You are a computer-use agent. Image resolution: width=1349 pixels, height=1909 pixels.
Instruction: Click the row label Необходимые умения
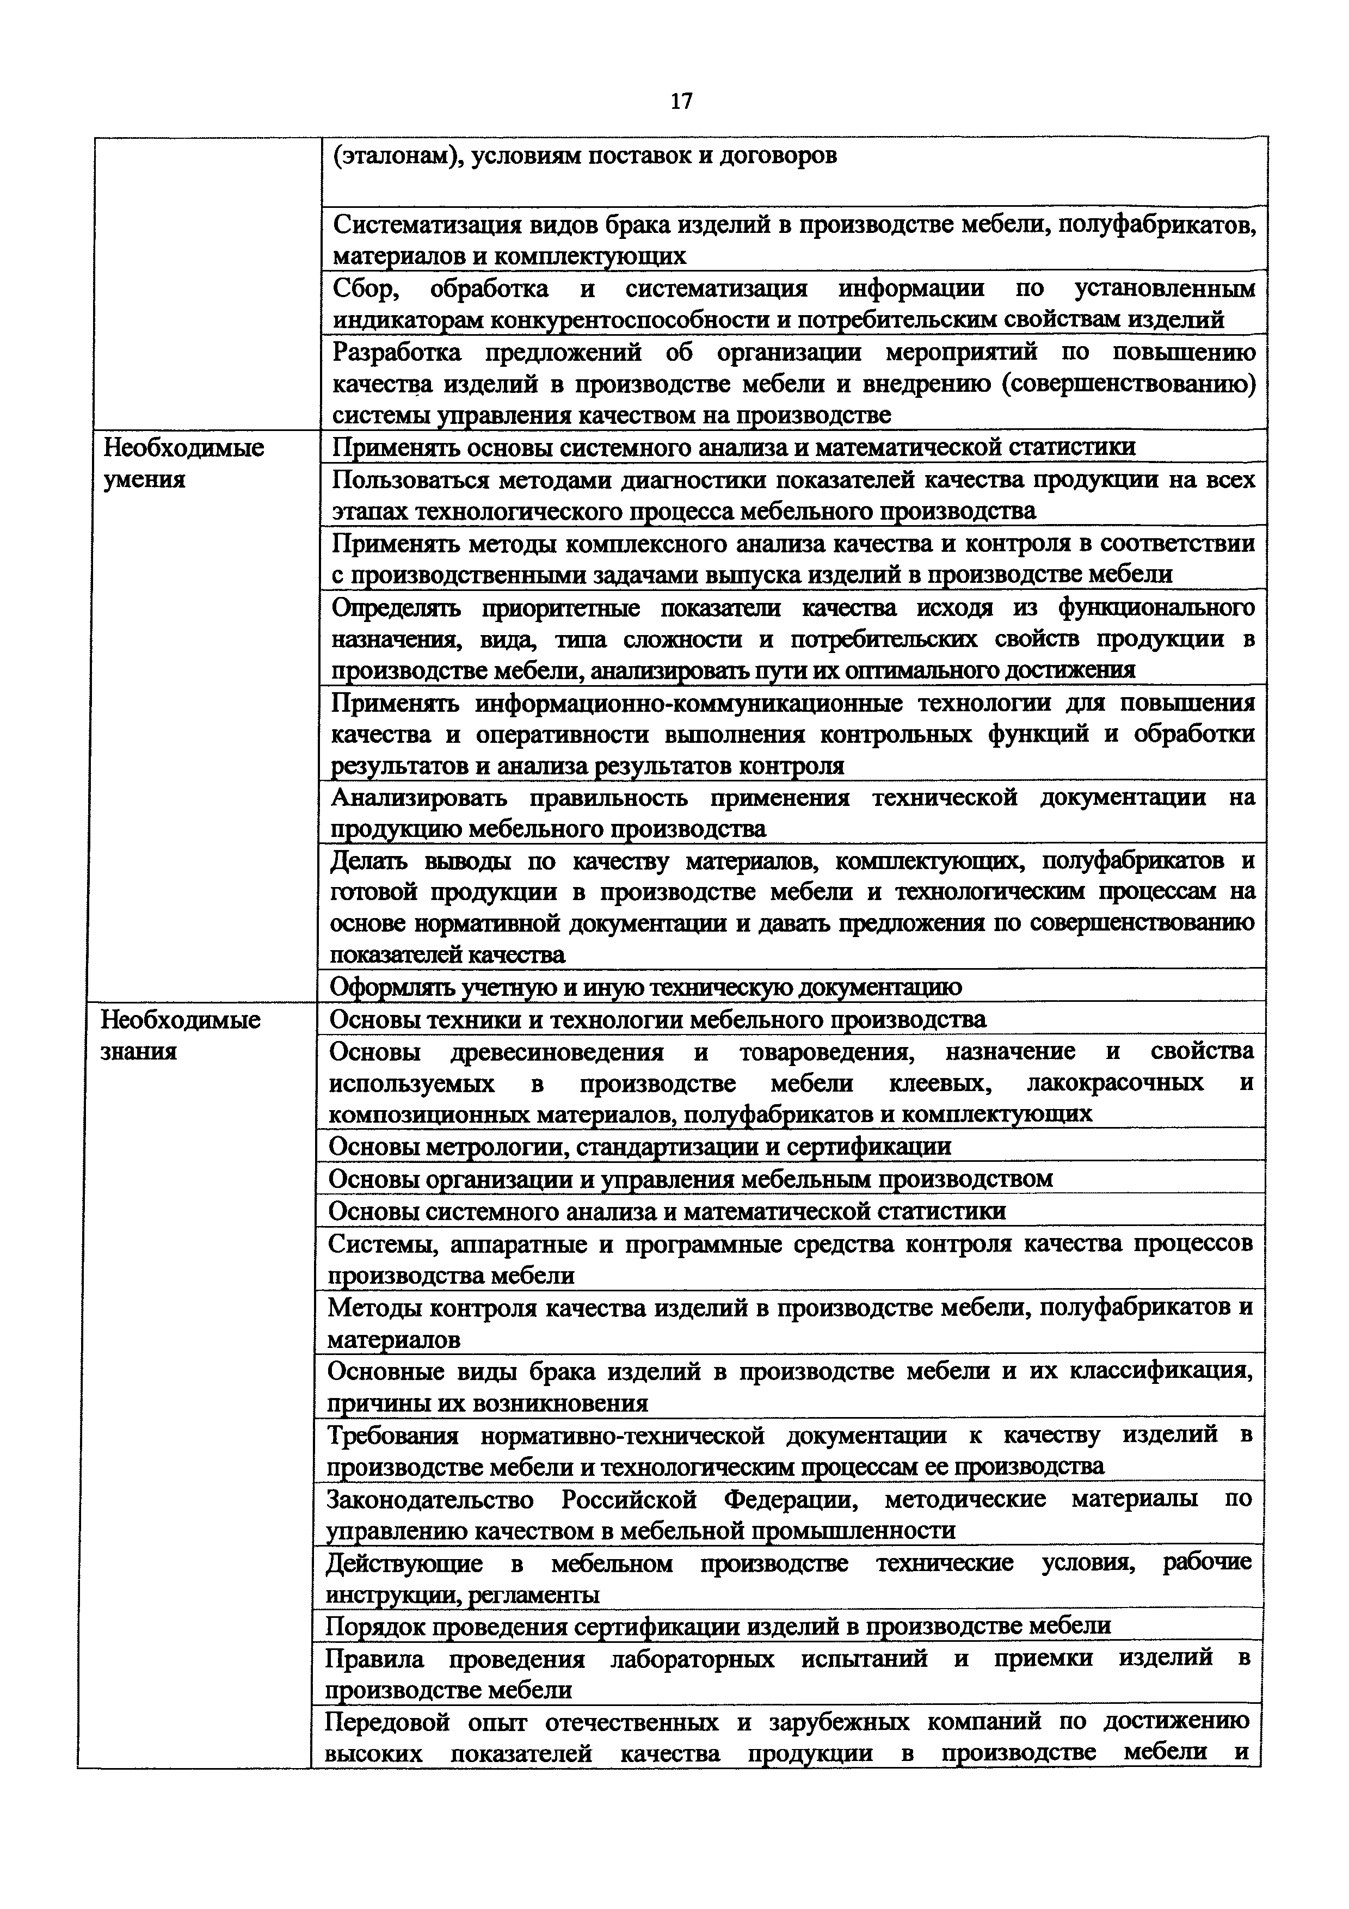pyautogui.click(x=183, y=463)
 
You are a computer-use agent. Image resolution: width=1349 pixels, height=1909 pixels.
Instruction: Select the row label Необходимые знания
pyautogui.click(x=180, y=1035)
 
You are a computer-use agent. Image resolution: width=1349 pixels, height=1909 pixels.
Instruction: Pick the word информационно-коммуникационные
pyautogui.click(x=689, y=704)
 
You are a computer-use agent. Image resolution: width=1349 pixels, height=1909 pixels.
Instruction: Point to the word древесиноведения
pyautogui.click(x=557, y=1052)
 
